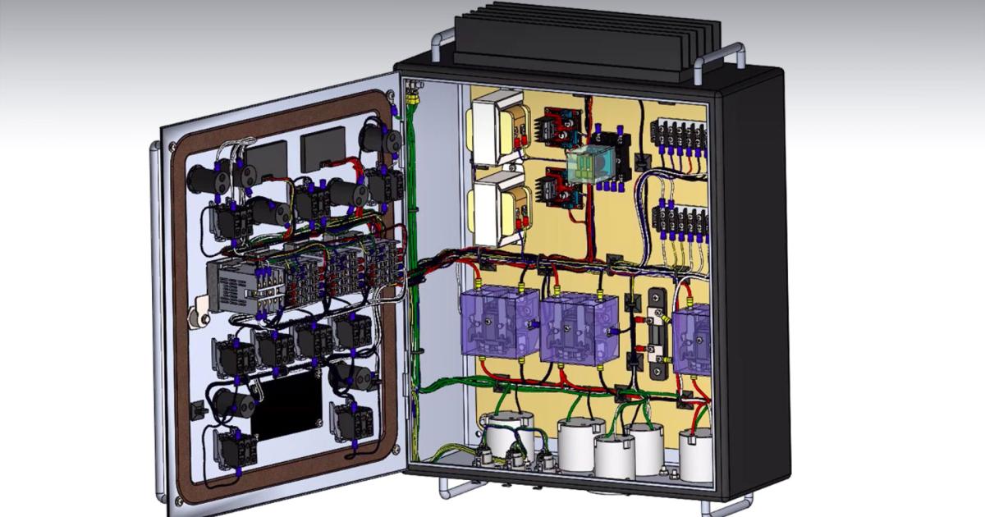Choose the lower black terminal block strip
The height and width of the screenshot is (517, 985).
coord(680,220)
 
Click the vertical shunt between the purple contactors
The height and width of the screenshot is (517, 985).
coord(657,332)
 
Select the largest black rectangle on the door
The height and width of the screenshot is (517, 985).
coord(286,405)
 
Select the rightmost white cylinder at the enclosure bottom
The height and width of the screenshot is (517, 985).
coord(696,454)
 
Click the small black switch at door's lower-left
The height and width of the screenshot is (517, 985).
coord(198,409)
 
